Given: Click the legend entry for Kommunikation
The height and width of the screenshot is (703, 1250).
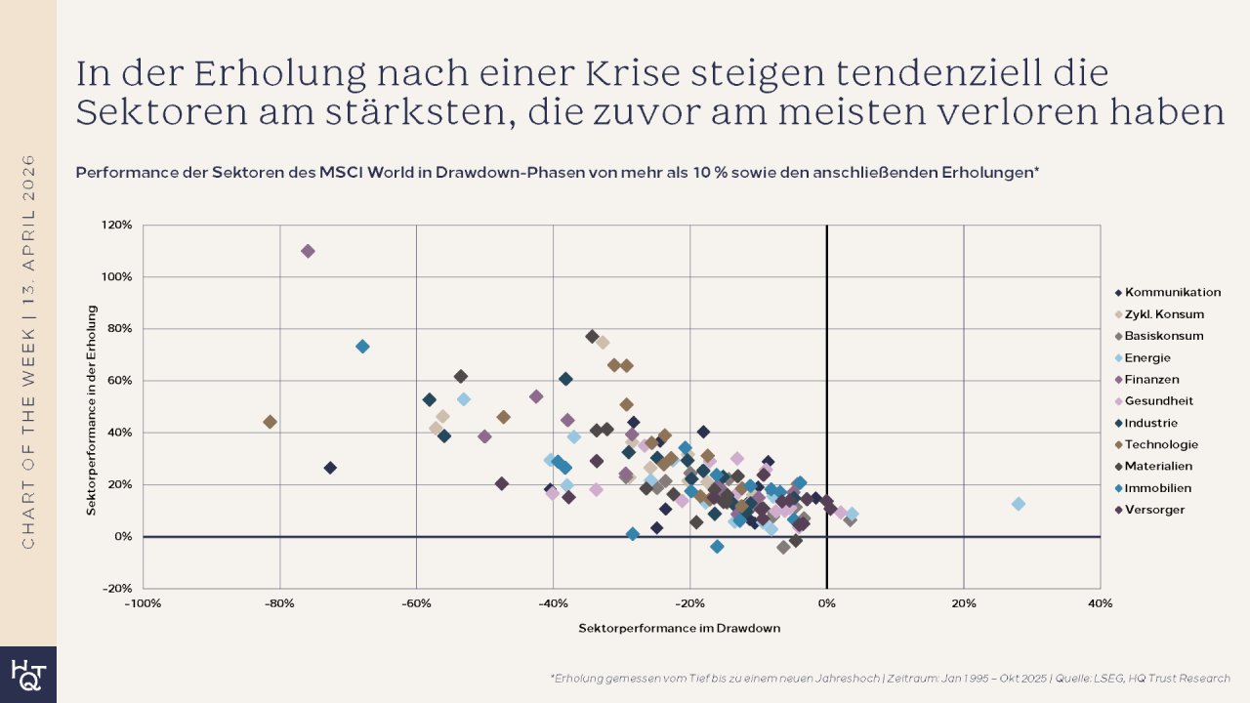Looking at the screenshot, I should tap(1172, 292).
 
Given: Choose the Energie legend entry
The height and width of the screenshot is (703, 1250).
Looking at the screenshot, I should tap(1151, 357).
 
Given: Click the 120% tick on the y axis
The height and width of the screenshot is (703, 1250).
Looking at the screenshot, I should tap(117, 226).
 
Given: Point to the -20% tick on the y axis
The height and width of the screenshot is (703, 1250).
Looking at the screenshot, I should tap(117, 589).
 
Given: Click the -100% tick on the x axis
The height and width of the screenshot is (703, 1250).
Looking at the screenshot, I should tap(143, 603).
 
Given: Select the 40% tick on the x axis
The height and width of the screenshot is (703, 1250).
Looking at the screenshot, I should tap(1100, 603).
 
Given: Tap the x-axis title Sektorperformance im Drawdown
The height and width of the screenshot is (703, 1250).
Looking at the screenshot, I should tap(680, 628).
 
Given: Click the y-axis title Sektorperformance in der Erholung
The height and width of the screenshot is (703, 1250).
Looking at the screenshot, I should tap(91, 410).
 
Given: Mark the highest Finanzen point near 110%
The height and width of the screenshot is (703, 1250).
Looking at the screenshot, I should tap(308, 251).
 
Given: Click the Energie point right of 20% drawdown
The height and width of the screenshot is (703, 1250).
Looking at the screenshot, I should tap(1019, 504).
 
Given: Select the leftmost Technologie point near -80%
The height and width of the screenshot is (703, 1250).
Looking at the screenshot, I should tap(270, 422).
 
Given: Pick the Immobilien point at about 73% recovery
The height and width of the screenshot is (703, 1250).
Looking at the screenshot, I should tap(362, 347).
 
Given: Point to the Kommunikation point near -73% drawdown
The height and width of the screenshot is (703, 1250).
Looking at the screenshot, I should tap(330, 468).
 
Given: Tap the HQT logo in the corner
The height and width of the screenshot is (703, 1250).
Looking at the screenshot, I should tap(27, 675).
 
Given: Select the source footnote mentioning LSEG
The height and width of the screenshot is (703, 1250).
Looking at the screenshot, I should tap(890, 678).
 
